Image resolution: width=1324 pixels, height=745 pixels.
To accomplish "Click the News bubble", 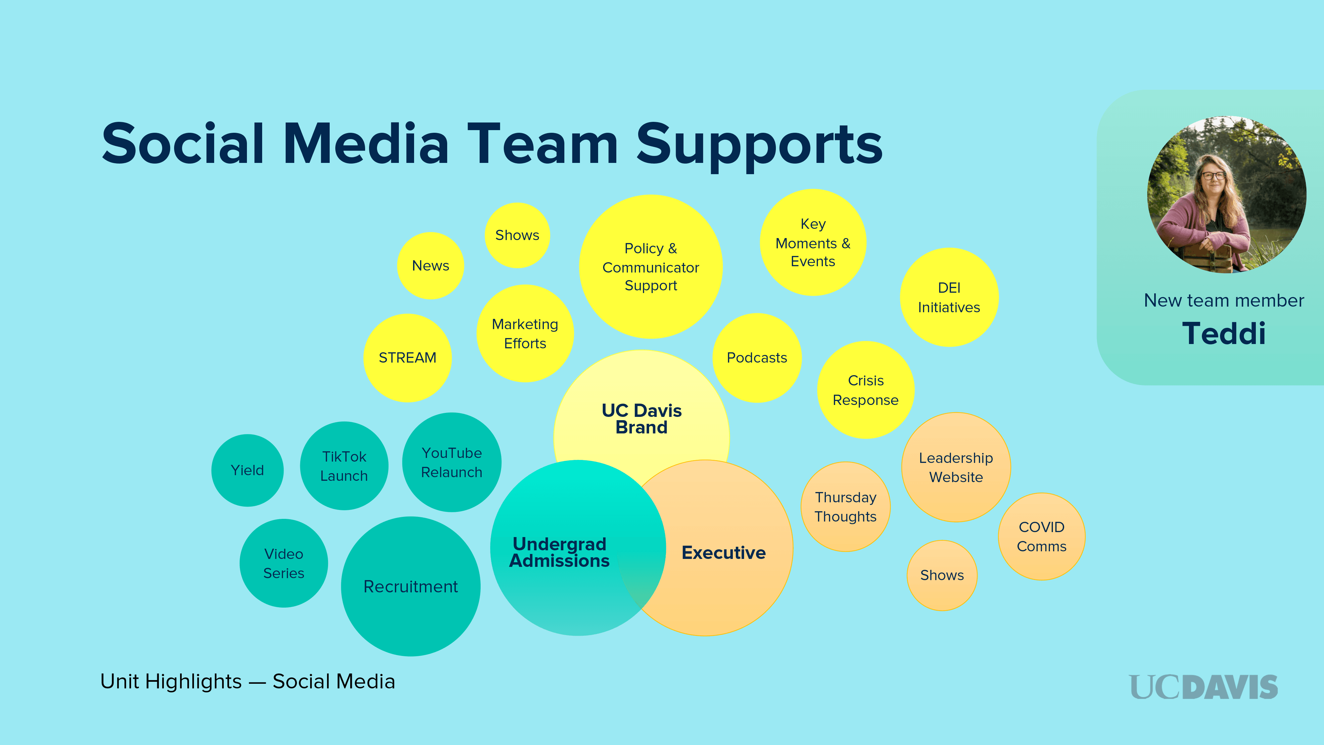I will tap(431, 266).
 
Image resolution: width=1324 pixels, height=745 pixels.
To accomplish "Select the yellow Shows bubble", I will tap(517, 235).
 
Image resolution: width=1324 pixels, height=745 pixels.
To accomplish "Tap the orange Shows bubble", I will tap(942, 575).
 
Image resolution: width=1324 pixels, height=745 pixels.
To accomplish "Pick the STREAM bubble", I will tap(407, 358).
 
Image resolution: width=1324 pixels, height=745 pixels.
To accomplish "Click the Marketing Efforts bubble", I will tap(525, 334).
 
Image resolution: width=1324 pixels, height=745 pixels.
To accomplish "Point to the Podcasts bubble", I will tap(757, 358).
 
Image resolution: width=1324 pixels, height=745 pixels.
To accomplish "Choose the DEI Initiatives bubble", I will tap(949, 298).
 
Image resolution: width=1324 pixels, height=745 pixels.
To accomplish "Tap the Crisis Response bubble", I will tap(866, 390).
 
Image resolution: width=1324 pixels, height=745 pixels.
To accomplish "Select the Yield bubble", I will tap(247, 471).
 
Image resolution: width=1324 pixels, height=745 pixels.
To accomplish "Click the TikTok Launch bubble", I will tap(344, 466).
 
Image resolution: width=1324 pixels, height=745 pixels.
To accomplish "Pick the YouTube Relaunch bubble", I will tap(451, 462).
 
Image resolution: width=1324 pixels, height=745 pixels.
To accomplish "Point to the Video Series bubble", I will tap(284, 564).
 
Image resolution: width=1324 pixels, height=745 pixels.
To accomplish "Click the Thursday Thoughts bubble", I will tap(845, 507).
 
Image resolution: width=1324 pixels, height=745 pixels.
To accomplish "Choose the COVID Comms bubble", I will tap(1041, 537).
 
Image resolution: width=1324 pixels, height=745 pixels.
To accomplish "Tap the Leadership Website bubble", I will tap(956, 467).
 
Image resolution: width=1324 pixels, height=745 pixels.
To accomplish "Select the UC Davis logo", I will tap(1203, 687).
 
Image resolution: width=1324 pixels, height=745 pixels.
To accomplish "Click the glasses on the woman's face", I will tap(1213, 175).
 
